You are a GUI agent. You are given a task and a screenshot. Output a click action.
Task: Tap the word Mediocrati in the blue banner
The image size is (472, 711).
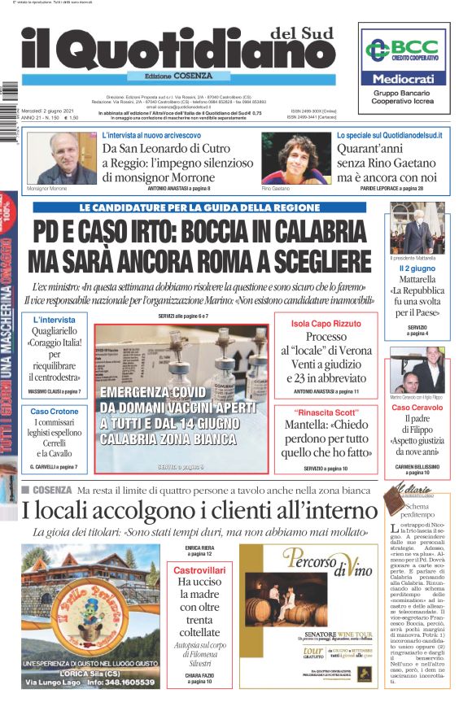(x=404, y=80)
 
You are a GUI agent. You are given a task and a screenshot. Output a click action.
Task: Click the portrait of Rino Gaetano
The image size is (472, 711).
(x=284, y=159)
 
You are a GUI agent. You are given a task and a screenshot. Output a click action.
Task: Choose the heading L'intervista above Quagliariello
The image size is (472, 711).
(x=55, y=320)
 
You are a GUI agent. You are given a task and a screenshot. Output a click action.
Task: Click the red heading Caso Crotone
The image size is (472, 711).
(x=55, y=412)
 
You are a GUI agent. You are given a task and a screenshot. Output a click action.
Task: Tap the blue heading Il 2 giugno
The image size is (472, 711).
(x=417, y=268)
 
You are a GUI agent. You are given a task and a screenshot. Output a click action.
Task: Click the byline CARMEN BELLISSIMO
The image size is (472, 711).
(x=417, y=466)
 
